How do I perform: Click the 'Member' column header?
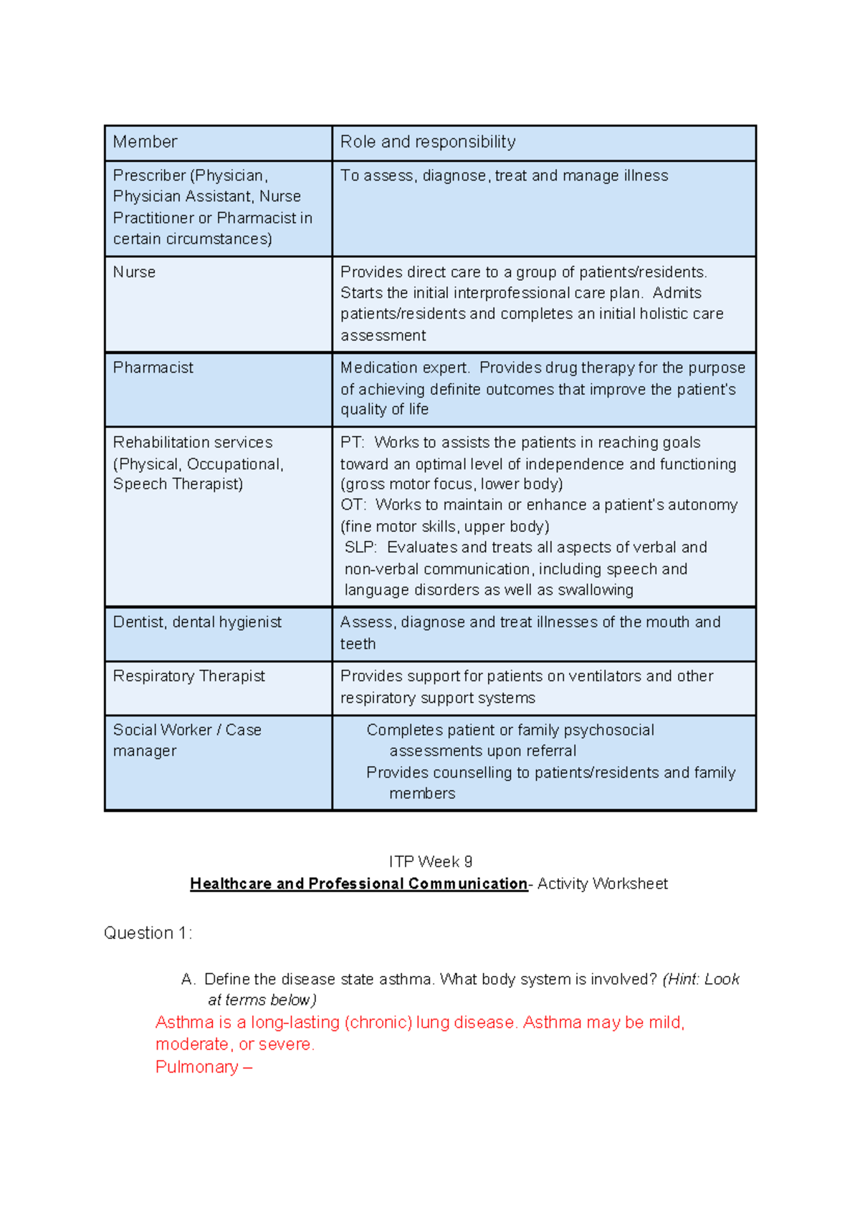click(x=145, y=142)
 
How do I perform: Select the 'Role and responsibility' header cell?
click(x=427, y=142)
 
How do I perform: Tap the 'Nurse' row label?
click(x=134, y=272)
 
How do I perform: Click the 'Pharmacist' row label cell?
click(x=153, y=368)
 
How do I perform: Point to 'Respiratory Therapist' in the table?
click(x=188, y=676)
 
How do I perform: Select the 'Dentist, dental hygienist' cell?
click(x=197, y=622)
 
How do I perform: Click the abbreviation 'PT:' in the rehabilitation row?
click(x=352, y=443)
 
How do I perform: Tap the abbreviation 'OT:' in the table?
click(x=353, y=505)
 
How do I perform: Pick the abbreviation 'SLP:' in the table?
click(x=360, y=547)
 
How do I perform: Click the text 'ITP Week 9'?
click(x=430, y=861)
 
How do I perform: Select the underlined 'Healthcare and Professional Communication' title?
click(x=358, y=884)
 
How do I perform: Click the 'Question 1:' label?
click(x=148, y=933)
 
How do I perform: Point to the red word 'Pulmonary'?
click(x=197, y=1067)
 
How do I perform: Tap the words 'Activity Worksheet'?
click(x=602, y=884)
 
